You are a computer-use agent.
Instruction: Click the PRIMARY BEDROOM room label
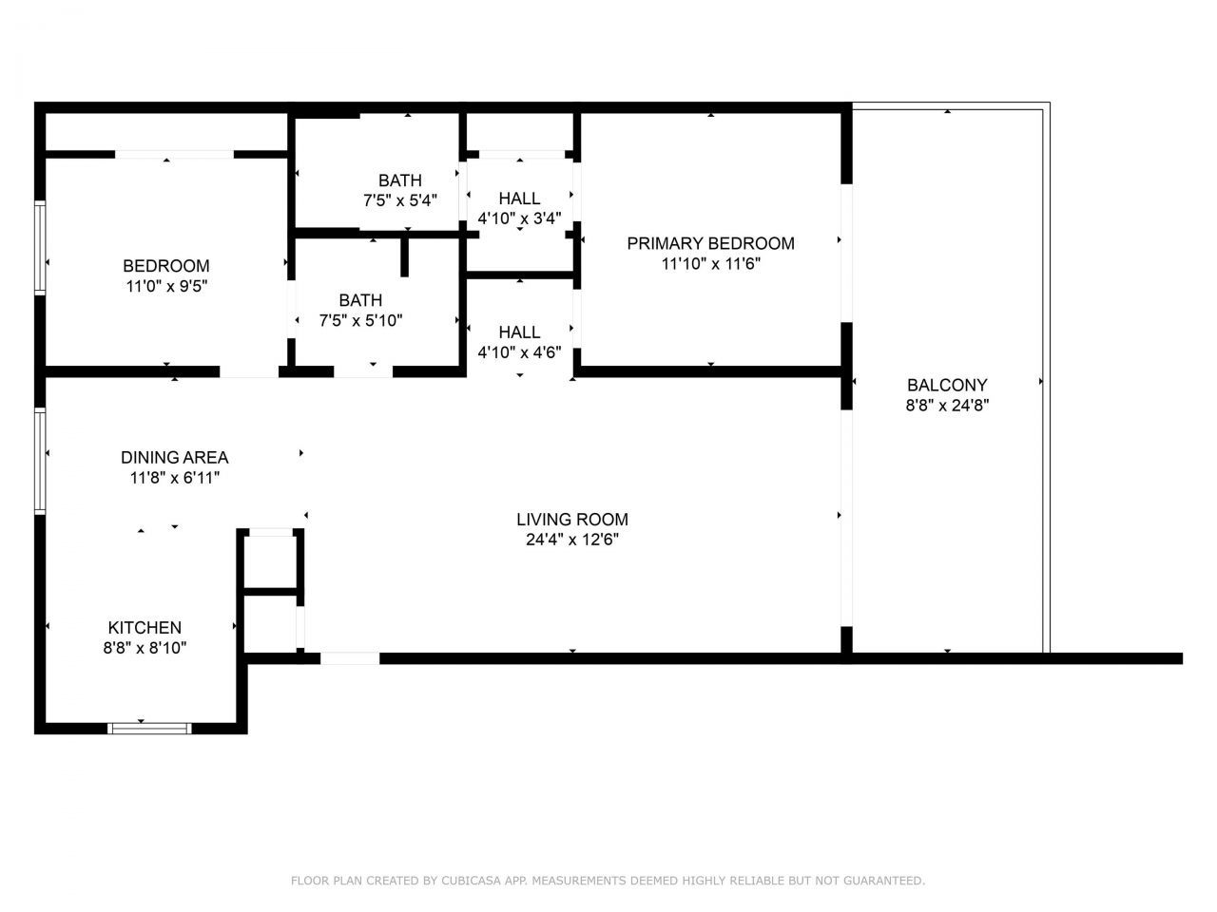pyautogui.click(x=710, y=243)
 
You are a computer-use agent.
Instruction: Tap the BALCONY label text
pyautogui.click(x=947, y=385)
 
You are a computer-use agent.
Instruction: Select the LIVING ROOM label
pyautogui.click(x=572, y=520)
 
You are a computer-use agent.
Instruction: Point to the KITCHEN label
pyautogui.click(x=145, y=628)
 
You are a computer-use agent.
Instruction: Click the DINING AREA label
pyautogui.click(x=174, y=457)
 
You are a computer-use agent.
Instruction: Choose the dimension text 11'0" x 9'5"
pyautogui.click(x=166, y=285)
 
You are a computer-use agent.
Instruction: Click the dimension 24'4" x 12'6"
pyautogui.click(x=572, y=540)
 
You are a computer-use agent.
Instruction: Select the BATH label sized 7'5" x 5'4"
pyautogui.click(x=399, y=180)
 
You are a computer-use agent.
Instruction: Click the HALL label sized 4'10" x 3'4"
pyautogui.click(x=519, y=199)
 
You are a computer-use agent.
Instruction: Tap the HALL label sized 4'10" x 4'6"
pyautogui.click(x=519, y=332)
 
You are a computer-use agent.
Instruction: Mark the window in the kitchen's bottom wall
pyautogui.click(x=149, y=729)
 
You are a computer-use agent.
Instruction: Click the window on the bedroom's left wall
pyautogui.click(x=40, y=247)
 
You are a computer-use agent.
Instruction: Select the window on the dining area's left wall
pyautogui.click(x=40, y=461)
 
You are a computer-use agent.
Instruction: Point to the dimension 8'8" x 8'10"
pyautogui.click(x=145, y=648)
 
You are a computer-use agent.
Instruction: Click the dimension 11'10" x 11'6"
pyautogui.click(x=710, y=264)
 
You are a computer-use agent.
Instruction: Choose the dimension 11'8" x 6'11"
pyautogui.click(x=174, y=478)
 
